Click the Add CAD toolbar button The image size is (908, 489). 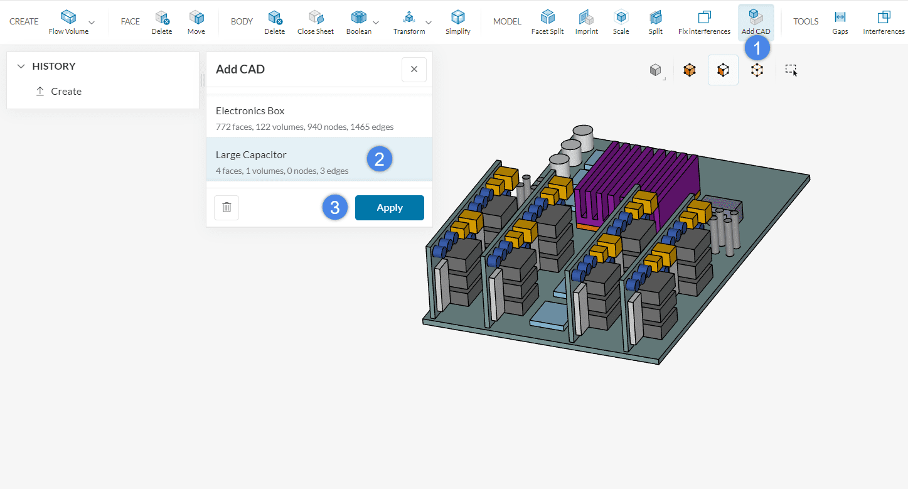coord(756,23)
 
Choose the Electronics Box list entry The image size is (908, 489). coord(282,117)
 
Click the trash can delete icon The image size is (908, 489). coord(227,208)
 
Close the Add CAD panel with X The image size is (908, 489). coord(414,70)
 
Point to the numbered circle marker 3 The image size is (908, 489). coord(335,208)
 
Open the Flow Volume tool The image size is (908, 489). coord(68,23)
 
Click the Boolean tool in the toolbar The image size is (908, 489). coord(358,23)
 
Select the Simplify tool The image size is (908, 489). coord(458,23)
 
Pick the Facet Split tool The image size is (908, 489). coord(548,23)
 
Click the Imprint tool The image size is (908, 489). coord(586,23)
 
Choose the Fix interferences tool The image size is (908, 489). coord(704,23)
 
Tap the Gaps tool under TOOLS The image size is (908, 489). coord(840,23)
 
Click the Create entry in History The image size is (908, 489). coord(66,92)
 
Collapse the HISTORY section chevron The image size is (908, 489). coord(21,67)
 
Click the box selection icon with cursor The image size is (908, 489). coord(791,70)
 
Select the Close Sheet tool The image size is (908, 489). coord(315,23)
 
